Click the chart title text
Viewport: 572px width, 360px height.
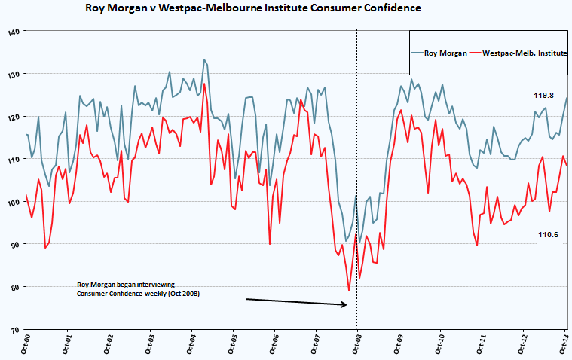(253, 8)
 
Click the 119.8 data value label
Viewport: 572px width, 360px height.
(544, 96)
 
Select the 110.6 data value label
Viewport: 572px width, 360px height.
(548, 235)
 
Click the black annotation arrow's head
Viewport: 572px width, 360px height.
(345, 304)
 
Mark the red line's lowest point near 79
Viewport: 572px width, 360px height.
(349, 291)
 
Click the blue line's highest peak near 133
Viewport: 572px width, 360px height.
(203, 59)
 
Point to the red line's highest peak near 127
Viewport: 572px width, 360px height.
(204, 84)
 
